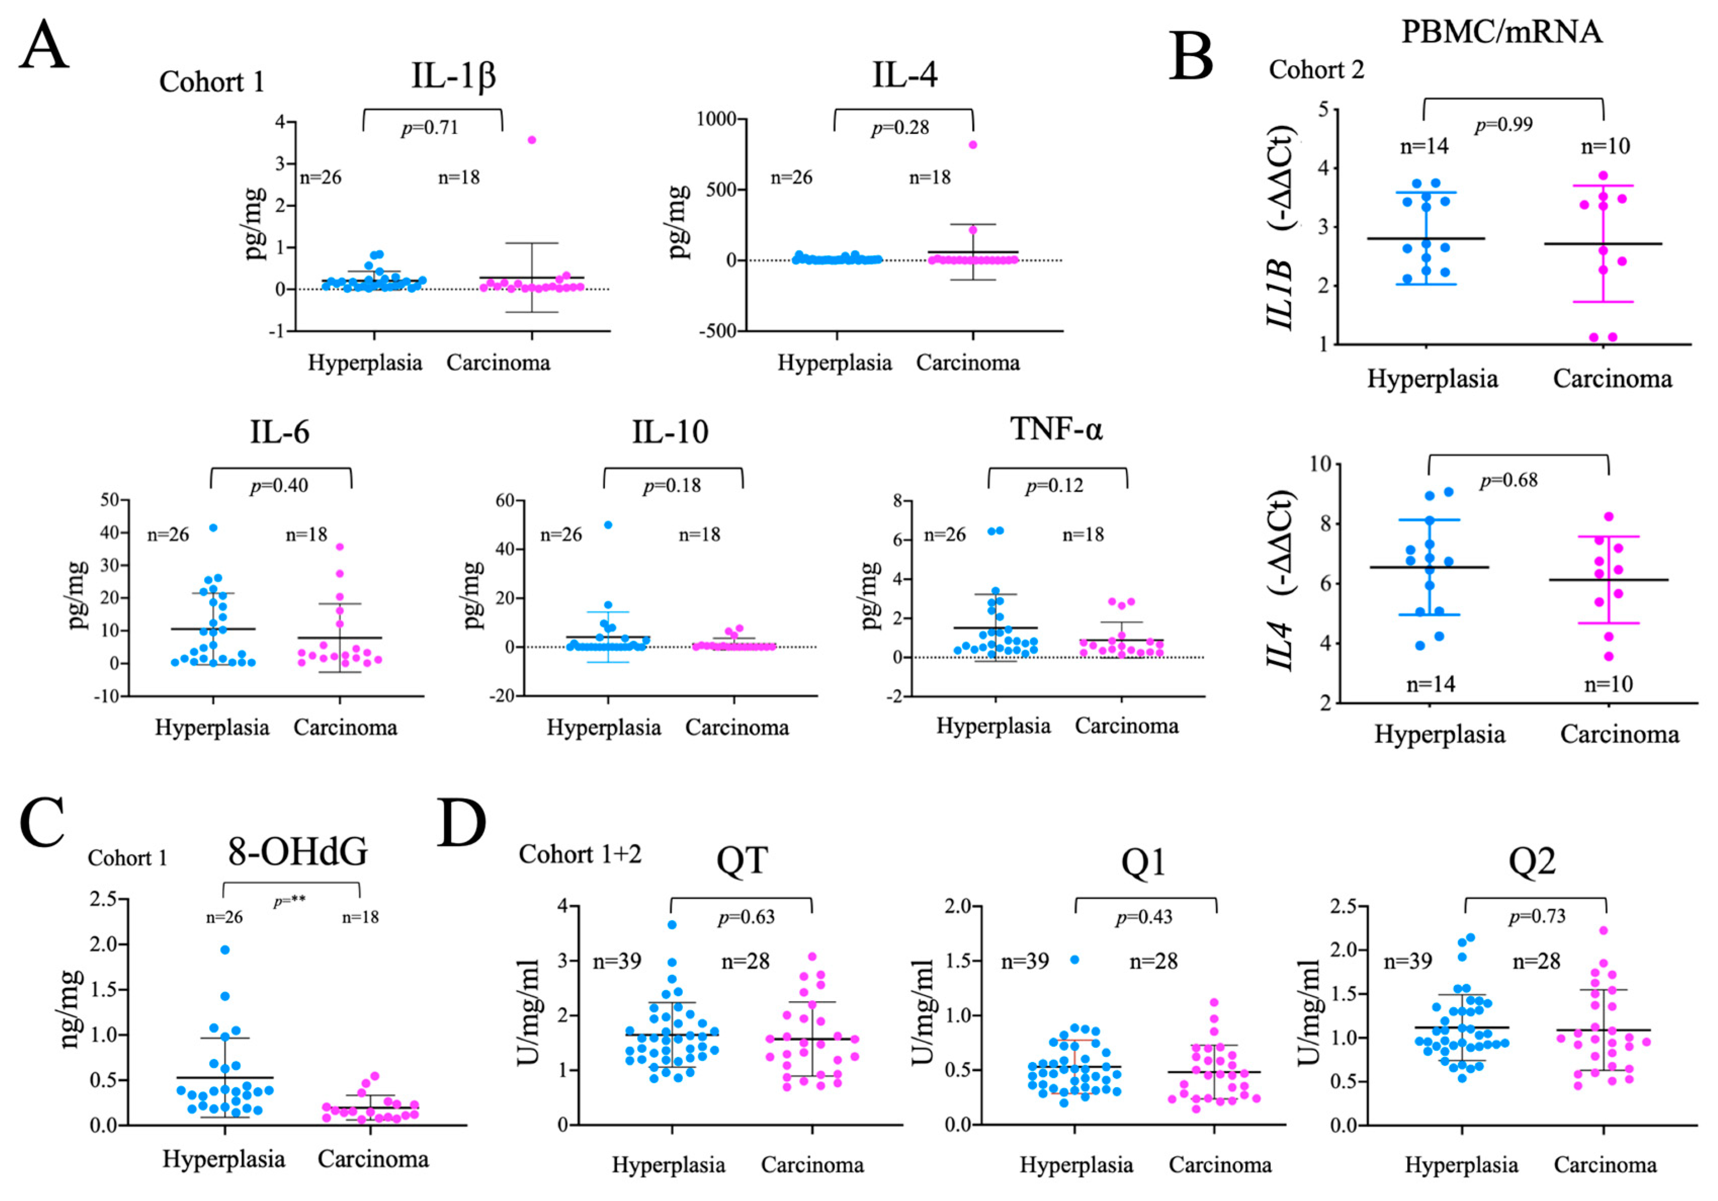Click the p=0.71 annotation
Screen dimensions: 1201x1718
click(x=430, y=128)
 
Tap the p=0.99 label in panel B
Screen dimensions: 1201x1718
click(x=1504, y=125)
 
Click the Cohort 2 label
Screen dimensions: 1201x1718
click(x=1316, y=70)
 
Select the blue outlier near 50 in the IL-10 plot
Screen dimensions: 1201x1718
click(x=609, y=525)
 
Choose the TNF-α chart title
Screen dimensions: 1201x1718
click(x=1056, y=430)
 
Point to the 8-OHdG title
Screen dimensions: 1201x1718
click(x=298, y=851)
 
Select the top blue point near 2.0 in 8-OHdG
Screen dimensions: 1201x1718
click(x=225, y=950)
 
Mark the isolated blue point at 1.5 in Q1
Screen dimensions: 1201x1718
click(x=1075, y=959)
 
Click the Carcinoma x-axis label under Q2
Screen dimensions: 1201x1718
click(x=1605, y=1165)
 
